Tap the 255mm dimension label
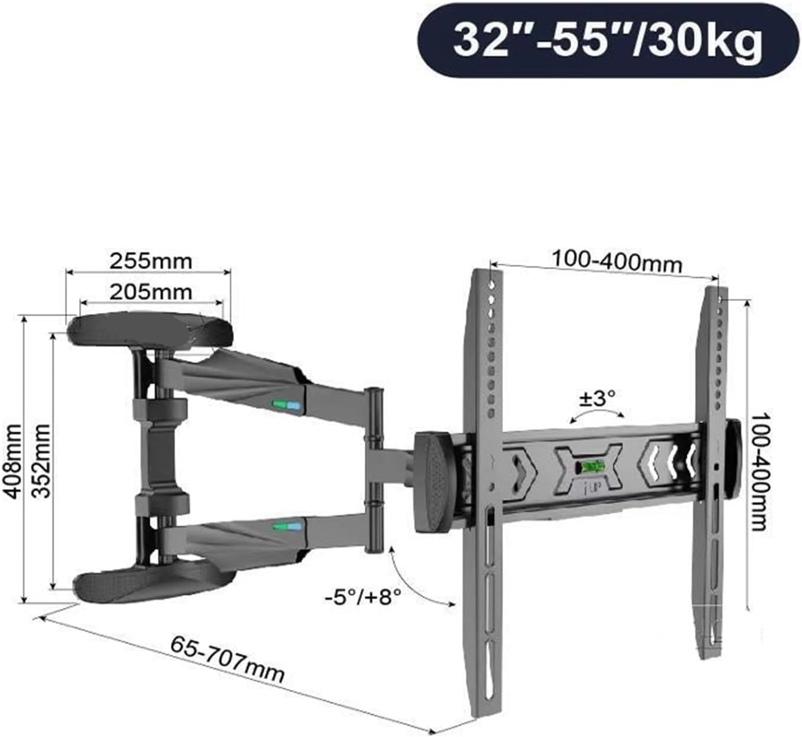click(151, 261)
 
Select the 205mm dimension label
click(151, 291)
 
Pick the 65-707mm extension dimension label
click(228, 659)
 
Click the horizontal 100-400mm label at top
click(616, 261)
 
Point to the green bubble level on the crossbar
click(590, 468)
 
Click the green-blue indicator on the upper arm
click(287, 405)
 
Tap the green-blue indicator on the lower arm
click(287, 526)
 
